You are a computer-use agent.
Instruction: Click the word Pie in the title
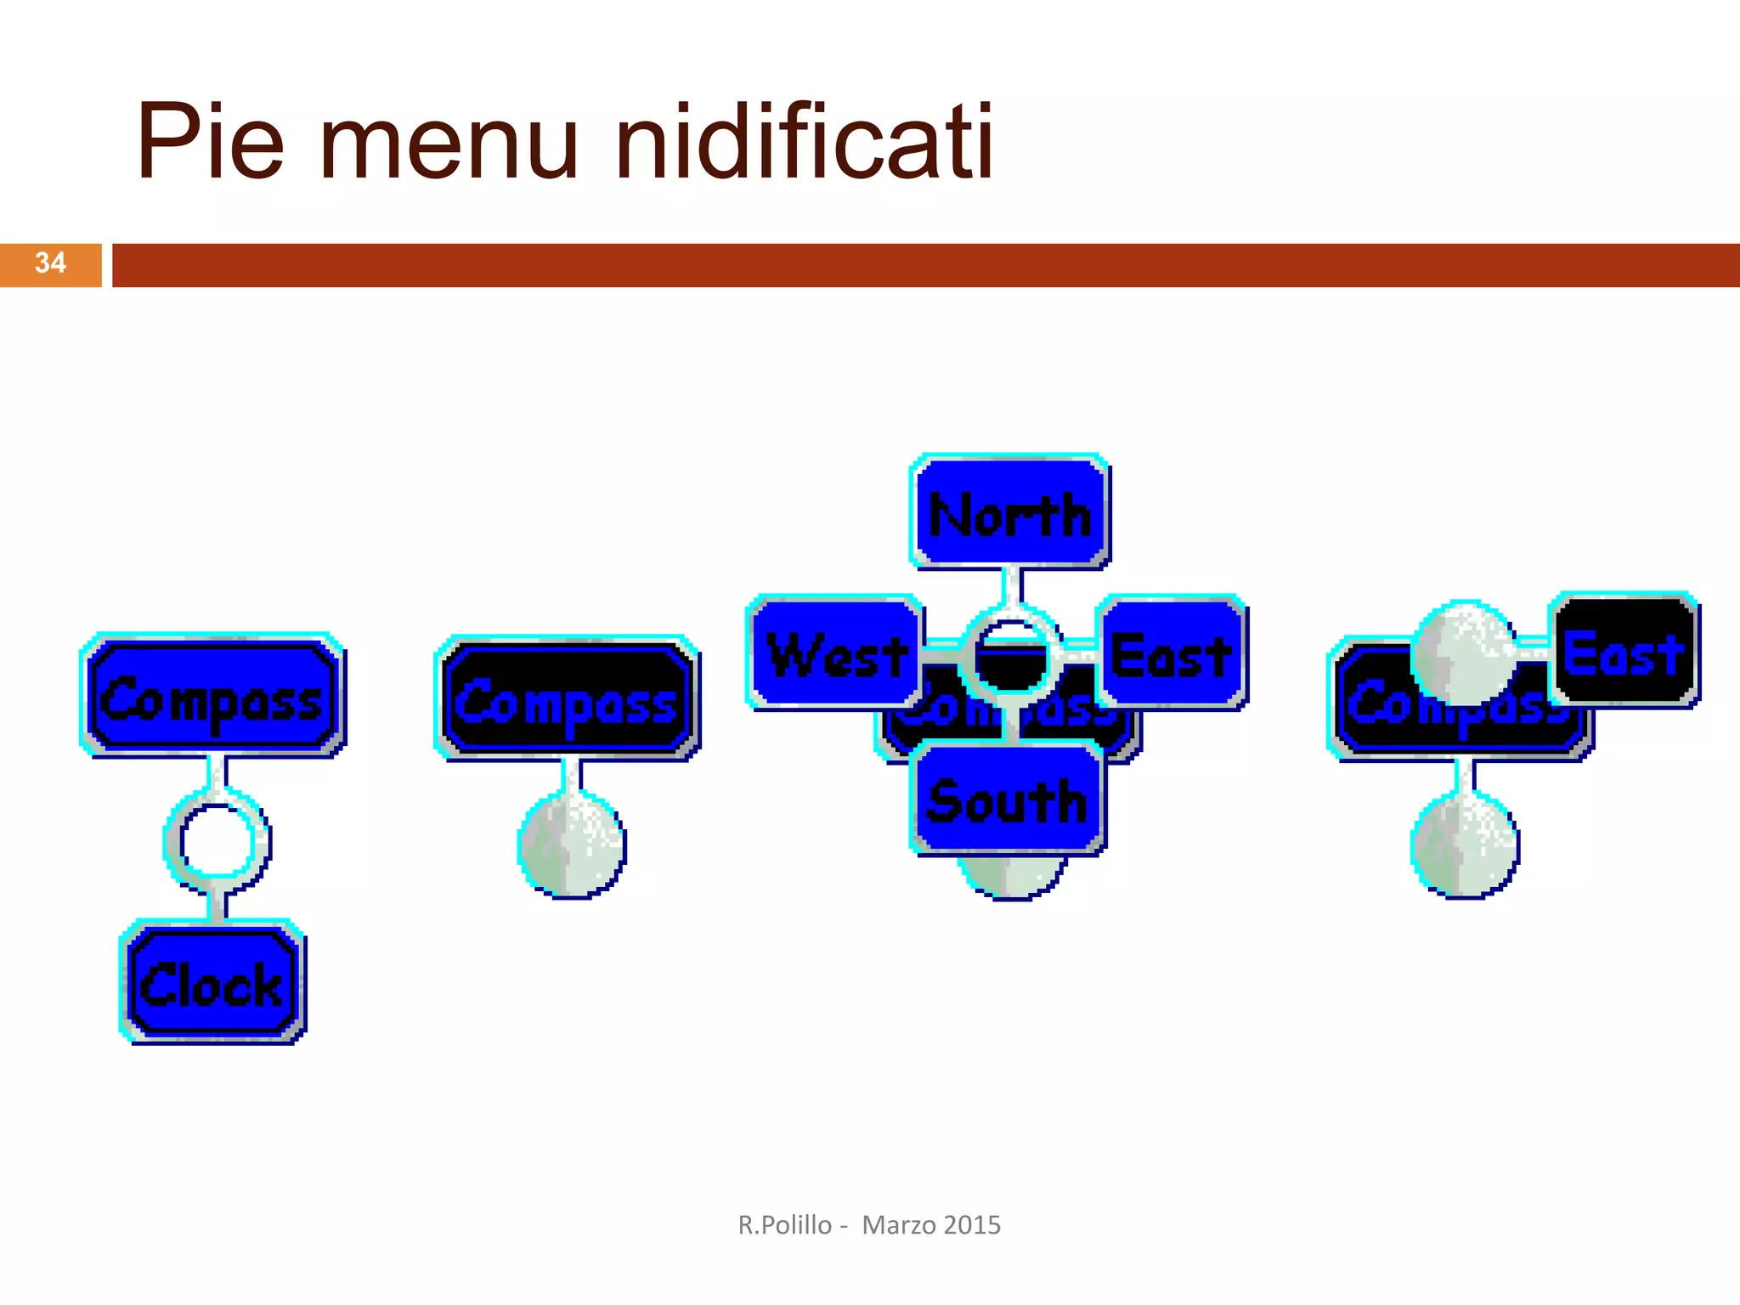210,141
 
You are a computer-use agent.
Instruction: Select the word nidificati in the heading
803,141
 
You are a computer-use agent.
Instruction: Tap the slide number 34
50,263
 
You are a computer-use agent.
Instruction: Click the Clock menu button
212,983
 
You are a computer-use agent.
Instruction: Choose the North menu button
1009,512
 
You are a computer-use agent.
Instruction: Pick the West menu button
835,653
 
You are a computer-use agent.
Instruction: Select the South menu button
1008,799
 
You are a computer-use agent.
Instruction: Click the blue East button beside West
1172,653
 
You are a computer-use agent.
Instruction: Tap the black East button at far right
1624,652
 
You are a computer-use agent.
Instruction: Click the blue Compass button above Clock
212,698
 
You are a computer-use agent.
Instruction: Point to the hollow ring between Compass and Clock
217,841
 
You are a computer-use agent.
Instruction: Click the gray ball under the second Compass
572,845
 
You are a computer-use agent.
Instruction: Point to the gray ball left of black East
1462,653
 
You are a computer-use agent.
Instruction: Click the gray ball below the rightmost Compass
1465,845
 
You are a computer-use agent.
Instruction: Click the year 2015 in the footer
972,1225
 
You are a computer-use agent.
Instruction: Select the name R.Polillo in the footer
785,1225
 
